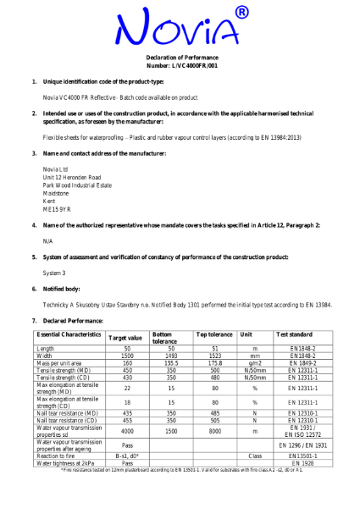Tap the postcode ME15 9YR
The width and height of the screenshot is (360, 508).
57,208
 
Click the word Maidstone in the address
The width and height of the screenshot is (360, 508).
58,192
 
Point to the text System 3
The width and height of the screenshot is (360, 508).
55,273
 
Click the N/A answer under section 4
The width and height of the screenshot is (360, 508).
47,241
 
